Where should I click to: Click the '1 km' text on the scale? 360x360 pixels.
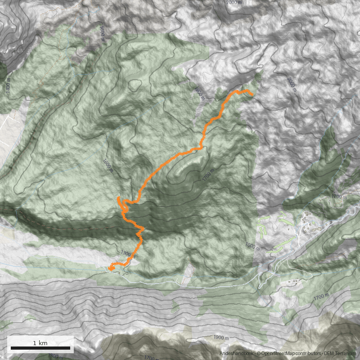40,343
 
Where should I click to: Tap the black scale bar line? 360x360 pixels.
40,348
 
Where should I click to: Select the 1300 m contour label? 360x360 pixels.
128,255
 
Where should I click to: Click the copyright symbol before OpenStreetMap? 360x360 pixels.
258,354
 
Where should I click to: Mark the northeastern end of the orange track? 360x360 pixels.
252,94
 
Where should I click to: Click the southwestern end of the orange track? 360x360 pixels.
110,269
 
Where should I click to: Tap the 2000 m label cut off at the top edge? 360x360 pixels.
237,2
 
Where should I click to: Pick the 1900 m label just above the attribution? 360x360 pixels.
221,337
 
